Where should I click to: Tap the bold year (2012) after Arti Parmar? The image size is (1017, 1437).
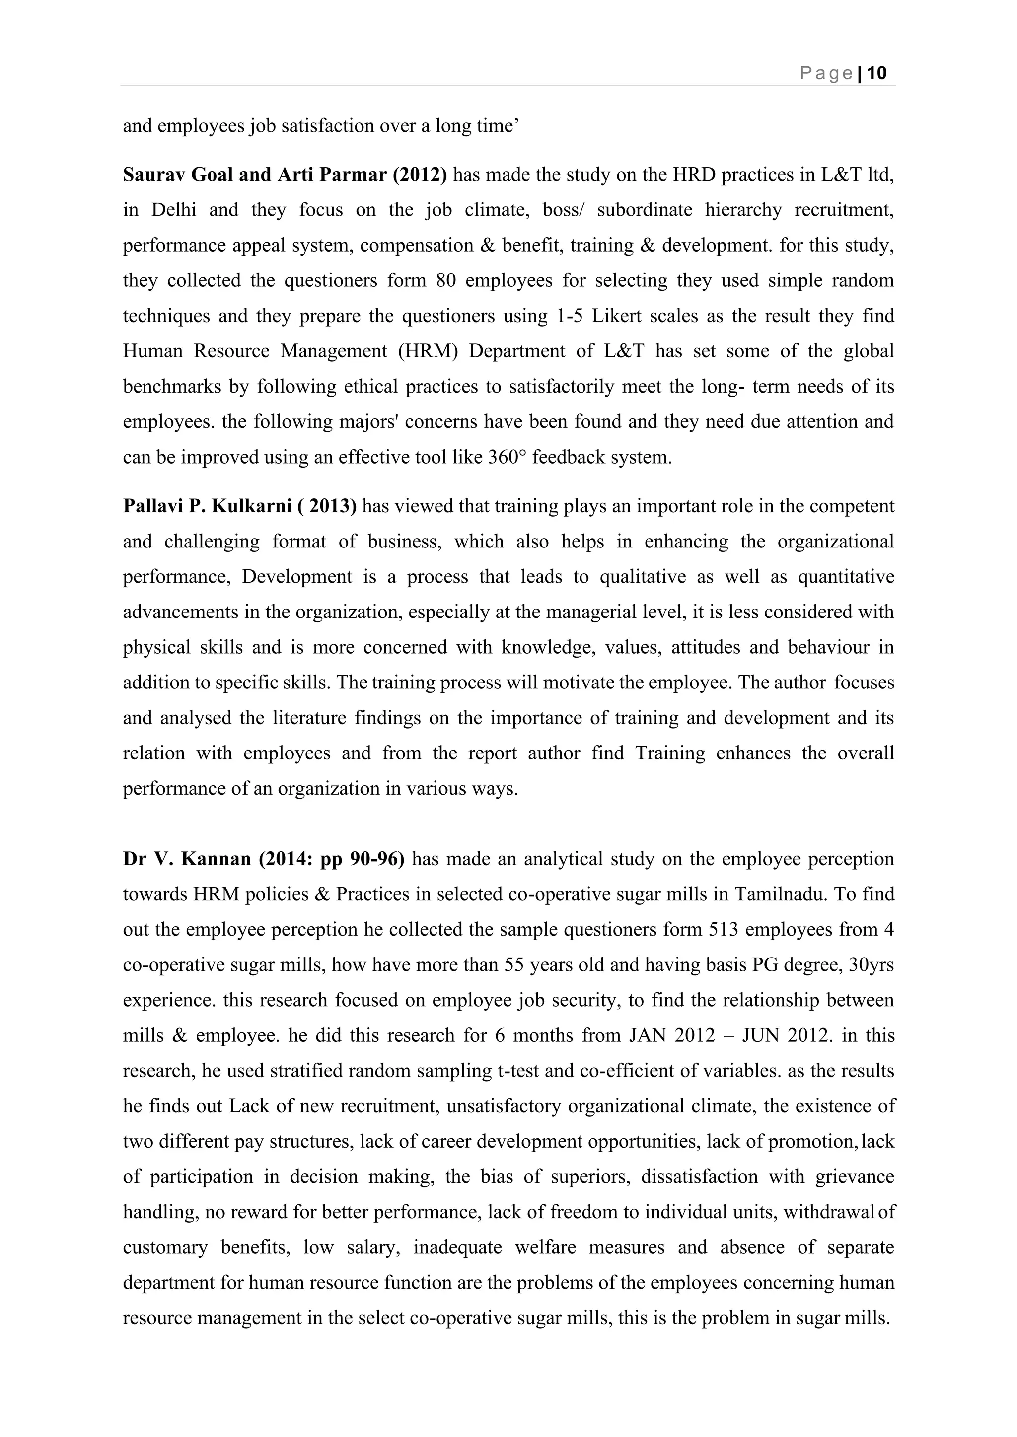click(420, 175)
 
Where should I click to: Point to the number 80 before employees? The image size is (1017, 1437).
click(445, 280)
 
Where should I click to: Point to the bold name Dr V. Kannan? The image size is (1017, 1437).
click(187, 859)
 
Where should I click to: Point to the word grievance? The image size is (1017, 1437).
click(855, 1176)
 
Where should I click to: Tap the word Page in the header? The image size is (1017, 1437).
click(827, 74)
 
